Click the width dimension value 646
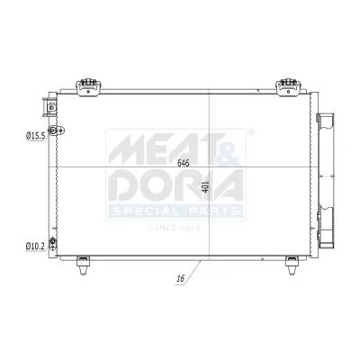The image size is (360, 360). click(184, 163)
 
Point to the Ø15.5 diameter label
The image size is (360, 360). click(34, 135)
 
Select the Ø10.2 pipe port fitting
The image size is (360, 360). click(53, 244)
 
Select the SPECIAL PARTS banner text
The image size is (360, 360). click(176, 211)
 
